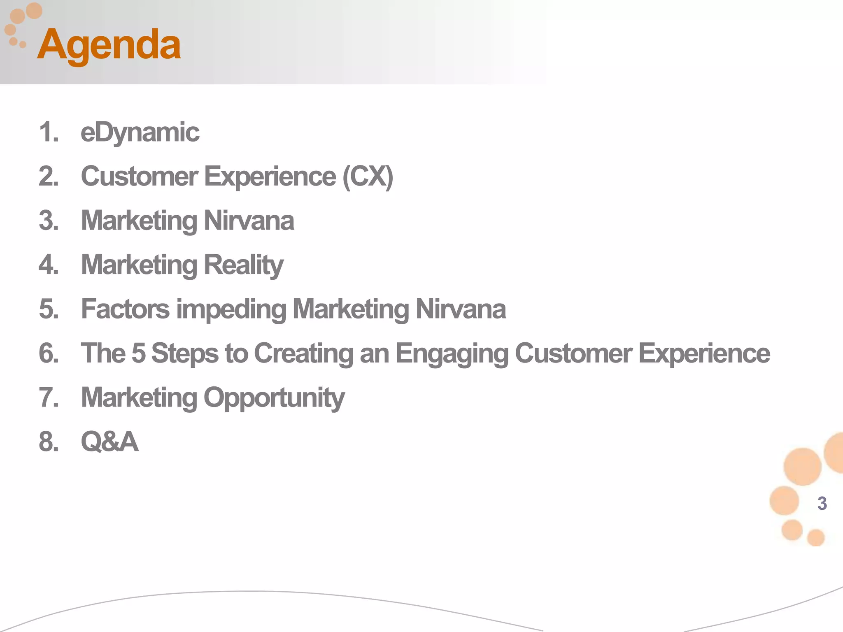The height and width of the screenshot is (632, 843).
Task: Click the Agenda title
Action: pos(109,44)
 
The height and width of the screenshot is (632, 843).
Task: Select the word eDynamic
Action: pos(140,132)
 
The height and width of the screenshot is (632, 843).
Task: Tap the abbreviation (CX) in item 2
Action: pos(368,177)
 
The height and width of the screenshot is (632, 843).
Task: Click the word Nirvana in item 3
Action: pos(249,221)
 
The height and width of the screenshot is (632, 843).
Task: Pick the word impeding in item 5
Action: pos(231,309)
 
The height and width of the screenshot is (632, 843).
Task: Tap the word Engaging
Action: pos(452,354)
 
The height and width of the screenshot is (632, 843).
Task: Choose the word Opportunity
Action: pos(274,398)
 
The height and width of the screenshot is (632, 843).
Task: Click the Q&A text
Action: pos(109,441)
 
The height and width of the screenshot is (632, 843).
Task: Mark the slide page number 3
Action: pos(822,503)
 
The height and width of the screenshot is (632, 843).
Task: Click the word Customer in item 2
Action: pos(139,177)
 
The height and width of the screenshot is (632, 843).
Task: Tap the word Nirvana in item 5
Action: pos(461,309)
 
